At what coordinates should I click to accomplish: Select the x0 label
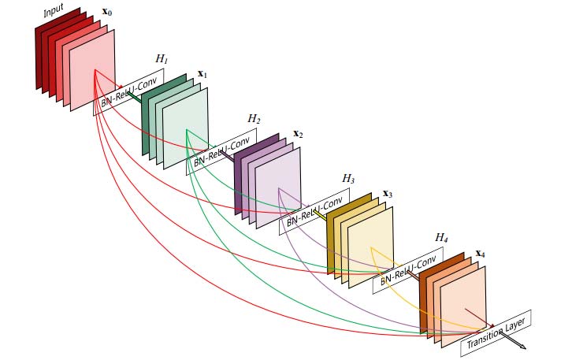(109, 15)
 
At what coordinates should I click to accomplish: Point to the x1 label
(202, 74)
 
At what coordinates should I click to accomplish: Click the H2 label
(254, 119)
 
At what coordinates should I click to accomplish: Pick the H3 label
(347, 180)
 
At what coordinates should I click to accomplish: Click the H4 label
(441, 237)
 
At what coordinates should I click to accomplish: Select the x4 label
(481, 254)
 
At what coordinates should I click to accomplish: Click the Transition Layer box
(496, 331)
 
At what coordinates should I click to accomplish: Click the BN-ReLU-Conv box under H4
(407, 270)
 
